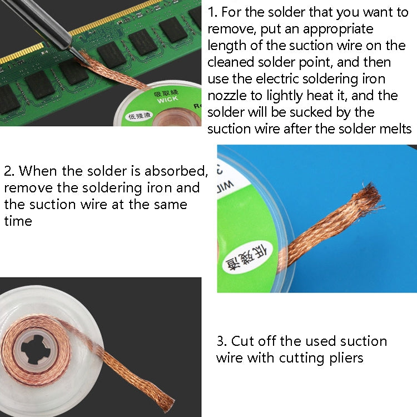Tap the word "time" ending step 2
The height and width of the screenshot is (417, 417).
[18, 221]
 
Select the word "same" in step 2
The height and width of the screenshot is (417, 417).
[168, 204]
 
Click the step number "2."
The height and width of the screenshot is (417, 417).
[9, 171]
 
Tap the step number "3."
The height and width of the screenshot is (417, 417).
[222, 341]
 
